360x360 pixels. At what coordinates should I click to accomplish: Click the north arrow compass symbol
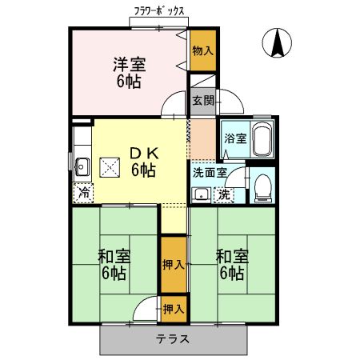click(278, 43)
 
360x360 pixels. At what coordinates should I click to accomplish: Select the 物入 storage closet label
click(202, 50)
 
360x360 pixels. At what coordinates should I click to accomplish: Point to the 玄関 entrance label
click(202, 101)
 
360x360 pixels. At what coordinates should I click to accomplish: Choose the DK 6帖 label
click(144, 161)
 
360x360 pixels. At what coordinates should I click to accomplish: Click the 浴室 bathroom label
click(234, 137)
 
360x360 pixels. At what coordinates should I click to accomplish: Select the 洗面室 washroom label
click(210, 172)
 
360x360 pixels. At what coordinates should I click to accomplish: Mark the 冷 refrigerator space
click(83, 192)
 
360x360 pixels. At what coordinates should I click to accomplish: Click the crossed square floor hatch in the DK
click(108, 166)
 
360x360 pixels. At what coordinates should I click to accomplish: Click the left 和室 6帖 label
click(114, 265)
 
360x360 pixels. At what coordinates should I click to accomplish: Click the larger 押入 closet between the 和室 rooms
click(174, 265)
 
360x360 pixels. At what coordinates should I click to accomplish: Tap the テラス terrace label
click(173, 338)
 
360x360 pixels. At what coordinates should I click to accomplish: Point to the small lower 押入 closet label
click(174, 308)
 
